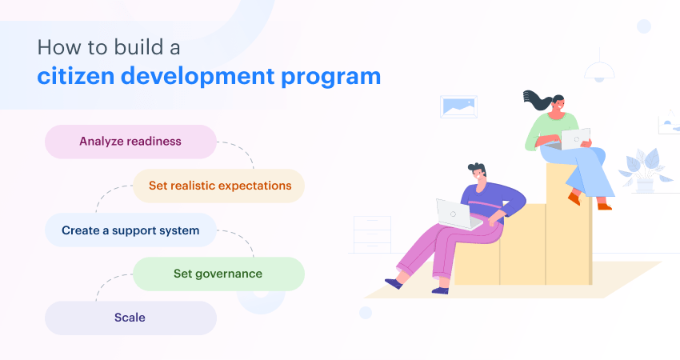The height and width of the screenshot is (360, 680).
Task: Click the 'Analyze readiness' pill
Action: (x=130, y=142)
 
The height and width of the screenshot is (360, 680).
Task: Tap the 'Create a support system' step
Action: (x=130, y=230)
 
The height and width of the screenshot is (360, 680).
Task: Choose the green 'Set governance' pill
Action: (x=218, y=274)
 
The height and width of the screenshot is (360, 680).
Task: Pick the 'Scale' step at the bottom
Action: (x=130, y=318)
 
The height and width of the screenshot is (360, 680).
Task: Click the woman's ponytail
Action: (x=534, y=100)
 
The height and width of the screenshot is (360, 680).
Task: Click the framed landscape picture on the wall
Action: (x=458, y=106)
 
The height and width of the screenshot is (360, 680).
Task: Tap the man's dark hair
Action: (x=477, y=169)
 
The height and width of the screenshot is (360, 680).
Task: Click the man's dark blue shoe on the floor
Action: (x=393, y=282)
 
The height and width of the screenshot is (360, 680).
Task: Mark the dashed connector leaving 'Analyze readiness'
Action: (x=240, y=152)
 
